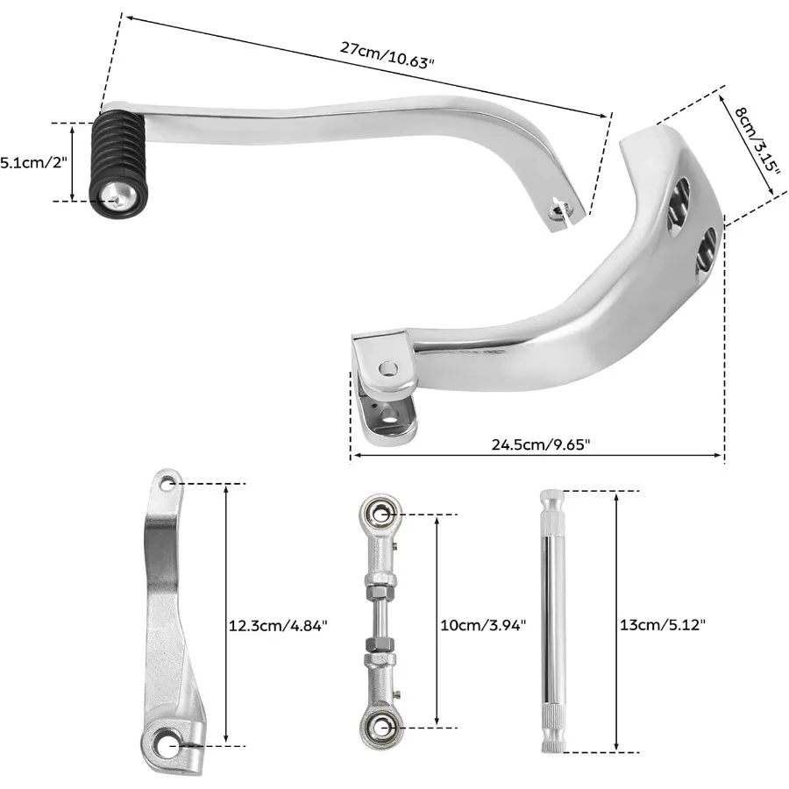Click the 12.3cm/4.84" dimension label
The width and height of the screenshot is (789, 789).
point(277,626)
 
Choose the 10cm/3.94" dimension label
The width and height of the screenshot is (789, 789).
point(482,626)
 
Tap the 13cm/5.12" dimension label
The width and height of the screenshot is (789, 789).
point(661,626)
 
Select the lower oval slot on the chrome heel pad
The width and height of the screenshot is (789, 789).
point(707,253)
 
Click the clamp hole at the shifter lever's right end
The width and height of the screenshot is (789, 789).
point(558,209)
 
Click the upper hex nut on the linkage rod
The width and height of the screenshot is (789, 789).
point(380,582)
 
